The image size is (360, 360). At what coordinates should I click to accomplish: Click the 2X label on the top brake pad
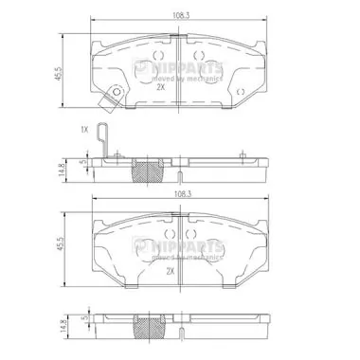(160, 86)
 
